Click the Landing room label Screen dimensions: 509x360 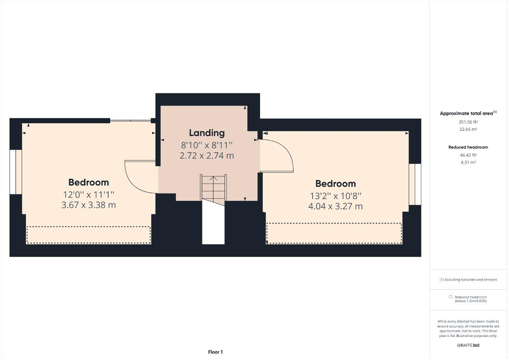pyautogui.click(x=207, y=133)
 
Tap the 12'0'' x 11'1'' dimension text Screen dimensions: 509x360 pyautogui.click(x=89, y=195)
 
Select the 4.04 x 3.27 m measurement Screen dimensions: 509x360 pyautogui.click(x=335, y=206)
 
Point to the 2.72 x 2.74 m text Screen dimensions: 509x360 pyautogui.click(x=207, y=155)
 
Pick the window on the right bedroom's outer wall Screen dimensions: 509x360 pyautogui.click(x=415, y=184)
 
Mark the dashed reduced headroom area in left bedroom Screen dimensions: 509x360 pyautogui.click(x=89, y=235)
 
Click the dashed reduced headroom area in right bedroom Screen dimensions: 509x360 pyautogui.click(x=334, y=233)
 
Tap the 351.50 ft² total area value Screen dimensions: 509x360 pyautogui.click(x=468, y=122)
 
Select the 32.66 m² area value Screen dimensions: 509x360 pyautogui.click(x=468, y=129)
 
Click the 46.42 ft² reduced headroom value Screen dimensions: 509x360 pyautogui.click(x=468, y=155)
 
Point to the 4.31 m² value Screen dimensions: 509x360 pyautogui.click(x=468, y=162)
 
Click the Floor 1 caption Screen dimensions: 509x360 pyautogui.click(x=216, y=352)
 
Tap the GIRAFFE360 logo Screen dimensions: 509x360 pyautogui.click(x=468, y=345)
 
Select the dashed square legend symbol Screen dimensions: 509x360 pyautogui.click(x=451, y=297)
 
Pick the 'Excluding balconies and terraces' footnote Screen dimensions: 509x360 pyautogui.click(x=468, y=280)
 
